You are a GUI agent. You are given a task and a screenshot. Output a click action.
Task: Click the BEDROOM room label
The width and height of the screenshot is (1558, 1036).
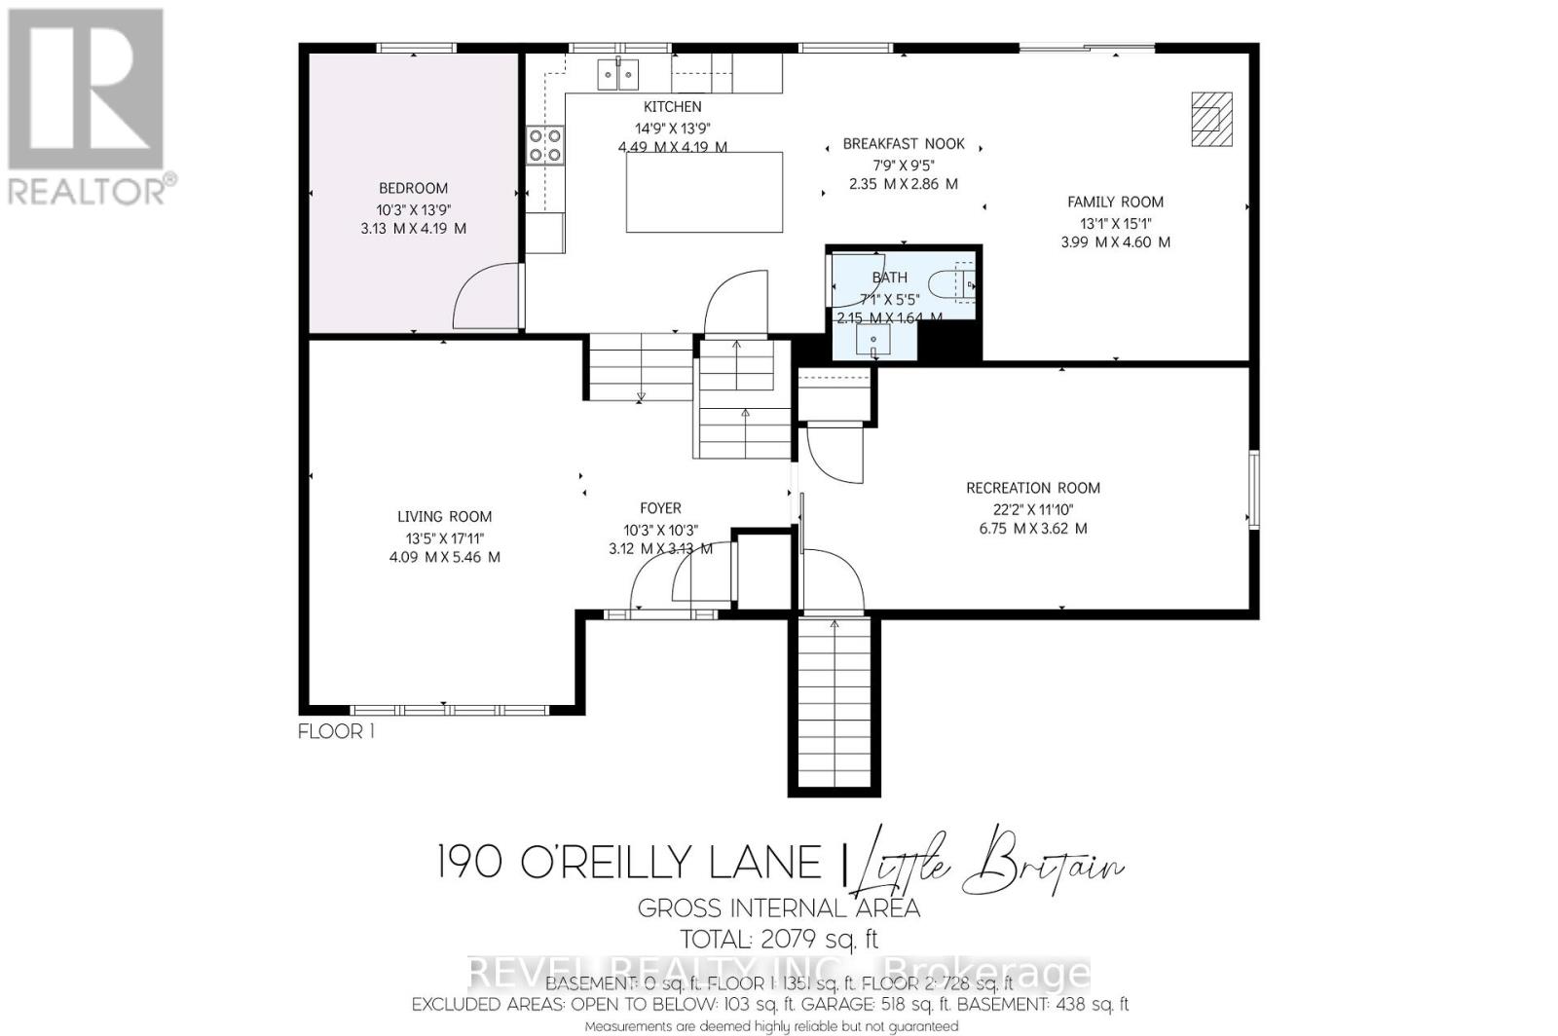click(x=413, y=188)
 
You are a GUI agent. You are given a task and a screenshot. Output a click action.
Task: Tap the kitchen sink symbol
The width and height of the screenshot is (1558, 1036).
click(x=618, y=73)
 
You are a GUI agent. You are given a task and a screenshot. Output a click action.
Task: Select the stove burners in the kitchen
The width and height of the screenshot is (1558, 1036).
click(x=544, y=145)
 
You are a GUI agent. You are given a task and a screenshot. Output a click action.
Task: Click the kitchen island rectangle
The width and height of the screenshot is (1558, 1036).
click(x=704, y=192)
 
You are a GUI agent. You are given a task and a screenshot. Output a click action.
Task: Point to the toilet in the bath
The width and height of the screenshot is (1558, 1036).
click(x=950, y=285)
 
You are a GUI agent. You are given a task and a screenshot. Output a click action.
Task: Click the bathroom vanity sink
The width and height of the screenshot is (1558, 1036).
click(x=873, y=341)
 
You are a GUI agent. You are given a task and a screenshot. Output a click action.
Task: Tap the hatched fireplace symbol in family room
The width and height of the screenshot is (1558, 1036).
click(x=1211, y=119)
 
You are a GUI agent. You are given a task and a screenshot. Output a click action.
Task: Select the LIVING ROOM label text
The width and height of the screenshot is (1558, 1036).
click(x=444, y=517)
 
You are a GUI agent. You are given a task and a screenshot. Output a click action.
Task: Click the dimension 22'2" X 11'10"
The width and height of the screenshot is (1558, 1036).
click(x=1033, y=508)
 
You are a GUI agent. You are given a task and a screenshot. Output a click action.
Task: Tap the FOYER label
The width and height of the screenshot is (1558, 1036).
click(x=660, y=508)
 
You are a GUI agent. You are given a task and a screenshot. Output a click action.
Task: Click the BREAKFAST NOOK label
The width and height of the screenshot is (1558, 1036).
click(x=904, y=144)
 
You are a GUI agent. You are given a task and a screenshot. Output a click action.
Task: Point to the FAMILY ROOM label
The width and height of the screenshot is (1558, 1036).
click(x=1115, y=203)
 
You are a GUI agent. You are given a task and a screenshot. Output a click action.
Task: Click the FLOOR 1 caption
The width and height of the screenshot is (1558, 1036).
click(x=336, y=731)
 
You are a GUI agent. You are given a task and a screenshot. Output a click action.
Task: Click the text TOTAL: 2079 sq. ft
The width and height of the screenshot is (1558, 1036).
click(x=779, y=940)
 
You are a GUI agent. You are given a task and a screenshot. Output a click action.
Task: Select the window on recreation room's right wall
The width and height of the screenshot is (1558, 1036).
click(x=1254, y=489)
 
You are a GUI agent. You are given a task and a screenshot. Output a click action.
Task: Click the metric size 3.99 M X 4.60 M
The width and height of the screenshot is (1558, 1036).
click(x=1115, y=241)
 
